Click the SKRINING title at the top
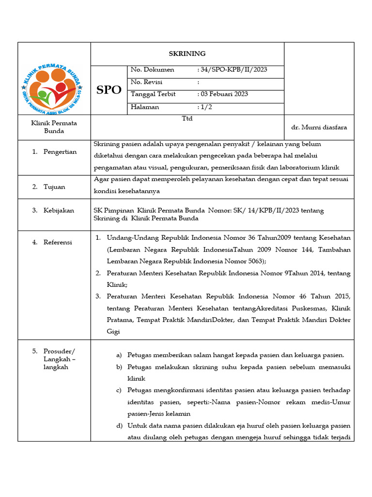(187, 54)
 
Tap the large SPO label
(109, 90)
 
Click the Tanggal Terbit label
(153, 94)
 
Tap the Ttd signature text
(187, 118)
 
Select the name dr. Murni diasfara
(319, 127)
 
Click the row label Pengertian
(60, 152)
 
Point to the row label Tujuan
(54, 187)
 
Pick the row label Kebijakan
(59, 210)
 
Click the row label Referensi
(58, 242)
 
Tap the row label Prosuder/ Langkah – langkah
(60, 359)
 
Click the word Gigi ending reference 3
(113, 331)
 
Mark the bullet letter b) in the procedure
(119, 367)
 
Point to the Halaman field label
(145, 107)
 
